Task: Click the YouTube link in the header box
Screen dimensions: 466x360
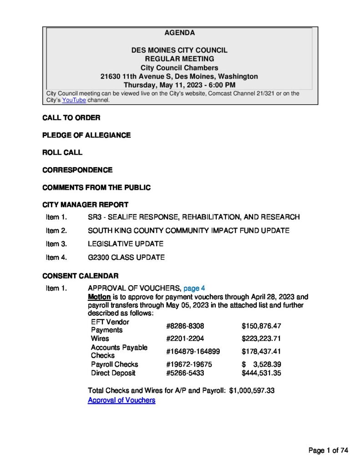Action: click(74, 100)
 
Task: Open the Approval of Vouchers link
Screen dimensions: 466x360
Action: click(121, 400)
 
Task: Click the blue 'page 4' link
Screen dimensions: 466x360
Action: click(194, 288)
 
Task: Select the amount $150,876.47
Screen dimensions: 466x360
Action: click(261, 326)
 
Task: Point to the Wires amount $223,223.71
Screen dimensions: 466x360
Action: click(261, 339)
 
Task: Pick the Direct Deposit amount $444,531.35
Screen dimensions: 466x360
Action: click(261, 373)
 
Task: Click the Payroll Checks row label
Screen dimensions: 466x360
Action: click(114, 364)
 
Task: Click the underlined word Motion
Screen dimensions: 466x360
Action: click(99, 297)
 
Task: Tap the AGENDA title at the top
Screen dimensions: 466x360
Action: click(179, 33)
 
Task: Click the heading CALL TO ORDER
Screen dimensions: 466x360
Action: click(71, 118)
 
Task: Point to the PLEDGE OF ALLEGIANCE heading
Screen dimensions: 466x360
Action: click(86, 135)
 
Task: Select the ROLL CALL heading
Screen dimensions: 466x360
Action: click(62, 152)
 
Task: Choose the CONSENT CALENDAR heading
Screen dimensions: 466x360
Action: click(80, 276)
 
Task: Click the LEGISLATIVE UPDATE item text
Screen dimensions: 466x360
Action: click(125, 244)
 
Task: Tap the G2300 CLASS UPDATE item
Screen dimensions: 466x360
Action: click(126, 258)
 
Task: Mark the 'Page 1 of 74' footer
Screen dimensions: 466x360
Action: click(328, 451)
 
